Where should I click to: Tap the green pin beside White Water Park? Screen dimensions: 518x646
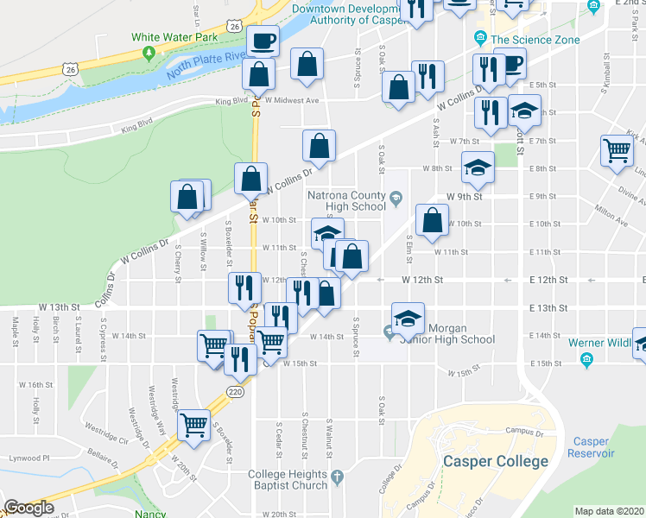click(149, 54)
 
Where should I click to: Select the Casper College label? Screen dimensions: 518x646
click(495, 461)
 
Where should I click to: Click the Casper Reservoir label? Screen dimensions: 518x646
click(591, 447)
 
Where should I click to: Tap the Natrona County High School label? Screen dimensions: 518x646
click(345, 201)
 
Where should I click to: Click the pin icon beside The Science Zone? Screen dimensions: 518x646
click(480, 38)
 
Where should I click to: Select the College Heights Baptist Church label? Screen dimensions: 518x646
click(288, 479)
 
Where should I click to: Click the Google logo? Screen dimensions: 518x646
click(28, 509)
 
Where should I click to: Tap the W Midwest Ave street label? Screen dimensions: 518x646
click(293, 100)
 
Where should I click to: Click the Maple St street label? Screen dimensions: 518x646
click(16, 328)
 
